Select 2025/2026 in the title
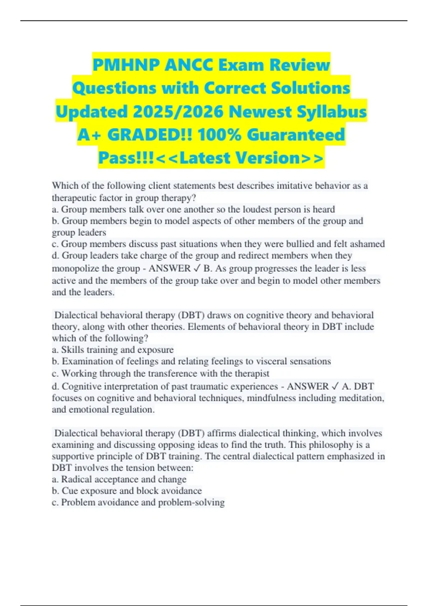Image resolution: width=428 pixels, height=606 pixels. point(178,112)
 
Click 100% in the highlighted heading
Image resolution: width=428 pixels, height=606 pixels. point(219,135)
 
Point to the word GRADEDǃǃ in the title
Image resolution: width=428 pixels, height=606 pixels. point(150,135)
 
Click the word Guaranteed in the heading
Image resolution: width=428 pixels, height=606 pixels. point(296,135)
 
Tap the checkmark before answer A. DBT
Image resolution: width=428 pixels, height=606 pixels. point(335,386)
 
